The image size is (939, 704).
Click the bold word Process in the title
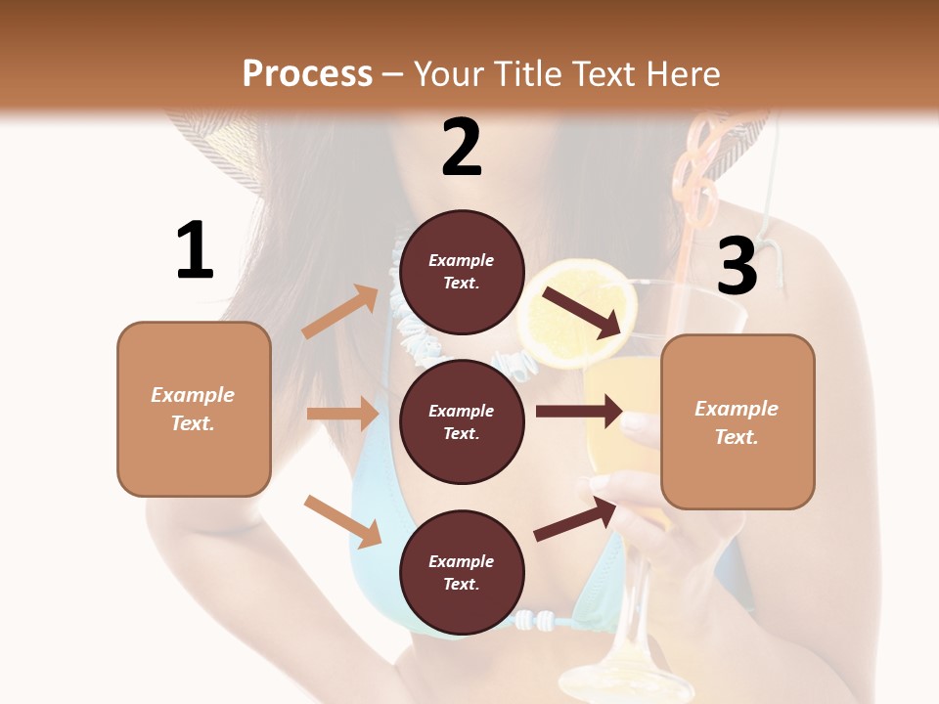[x=307, y=73]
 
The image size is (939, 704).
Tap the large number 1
[x=195, y=250]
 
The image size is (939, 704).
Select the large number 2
[x=462, y=147]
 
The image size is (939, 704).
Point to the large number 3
[x=738, y=266]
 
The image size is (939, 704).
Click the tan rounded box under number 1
[x=194, y=409]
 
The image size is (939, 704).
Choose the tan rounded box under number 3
[x=738, y=421]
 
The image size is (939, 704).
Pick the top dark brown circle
[x=462, y=272]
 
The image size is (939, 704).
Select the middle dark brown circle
[x=462, y=421]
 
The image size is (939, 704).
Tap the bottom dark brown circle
[x=462, y=572]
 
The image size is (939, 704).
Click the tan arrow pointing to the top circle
[x=340, y=312]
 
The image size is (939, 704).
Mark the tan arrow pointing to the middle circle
[x=342, y=414]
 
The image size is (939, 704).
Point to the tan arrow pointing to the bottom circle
[x=342, y=521]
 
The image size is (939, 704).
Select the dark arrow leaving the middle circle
[x=579, y=411]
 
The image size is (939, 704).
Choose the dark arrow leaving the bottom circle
[x=575, y=519]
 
